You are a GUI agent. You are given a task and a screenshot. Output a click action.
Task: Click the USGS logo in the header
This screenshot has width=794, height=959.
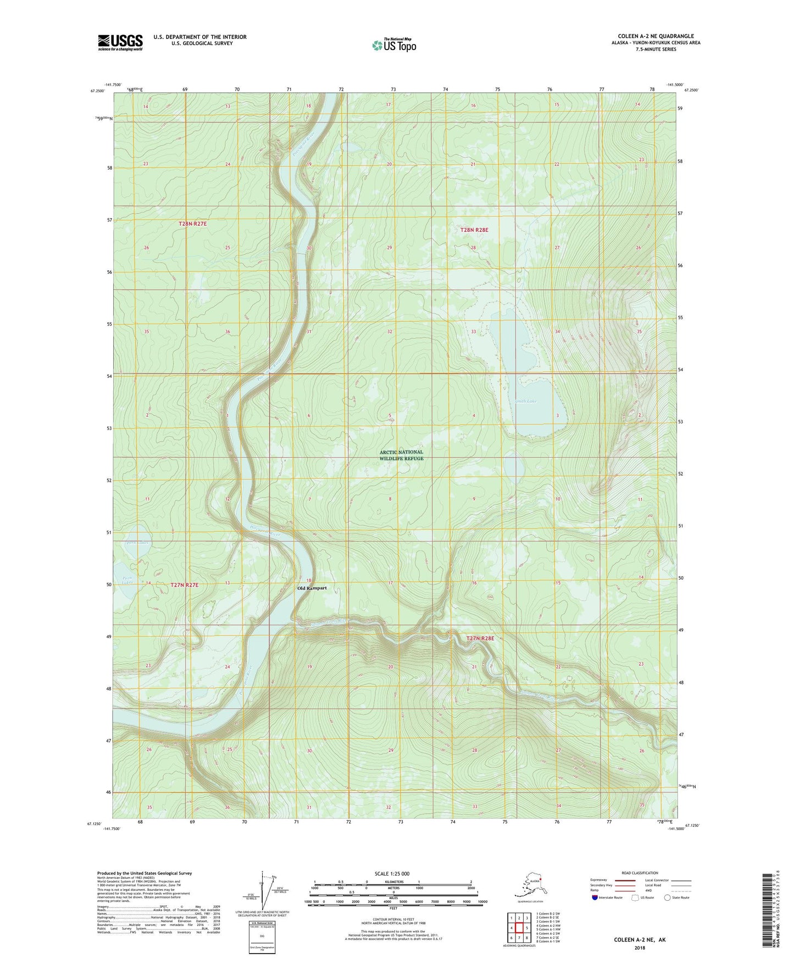click(x=120, y=42)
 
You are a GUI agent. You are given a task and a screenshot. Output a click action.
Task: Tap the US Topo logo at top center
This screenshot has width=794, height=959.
click(x=393, y=44)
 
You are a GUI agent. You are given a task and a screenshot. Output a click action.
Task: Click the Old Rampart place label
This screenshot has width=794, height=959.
click(x=312, y=588)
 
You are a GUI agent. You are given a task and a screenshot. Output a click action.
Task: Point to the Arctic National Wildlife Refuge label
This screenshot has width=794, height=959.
click(x=402, y=455)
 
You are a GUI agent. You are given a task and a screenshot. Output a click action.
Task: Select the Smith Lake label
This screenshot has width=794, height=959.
click(x=525, y=401)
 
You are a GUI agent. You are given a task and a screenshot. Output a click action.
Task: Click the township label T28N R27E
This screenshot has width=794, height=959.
click(x=192, y=224)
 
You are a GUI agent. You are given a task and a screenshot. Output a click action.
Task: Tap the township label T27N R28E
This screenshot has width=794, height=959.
click(x=480, y=638)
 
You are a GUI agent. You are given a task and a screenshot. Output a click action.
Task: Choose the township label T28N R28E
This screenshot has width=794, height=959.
click(x=474, y=230)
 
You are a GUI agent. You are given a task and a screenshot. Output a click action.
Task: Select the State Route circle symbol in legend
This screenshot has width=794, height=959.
click(x=667, y=897)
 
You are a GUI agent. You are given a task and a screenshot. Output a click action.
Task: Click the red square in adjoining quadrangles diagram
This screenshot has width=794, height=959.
click(x=519, y=928)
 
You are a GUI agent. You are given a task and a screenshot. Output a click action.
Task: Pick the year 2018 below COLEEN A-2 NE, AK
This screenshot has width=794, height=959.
click(x=640, y=947)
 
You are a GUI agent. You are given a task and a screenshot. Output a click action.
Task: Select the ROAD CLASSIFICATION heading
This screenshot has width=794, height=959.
click(x=640, y=873)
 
